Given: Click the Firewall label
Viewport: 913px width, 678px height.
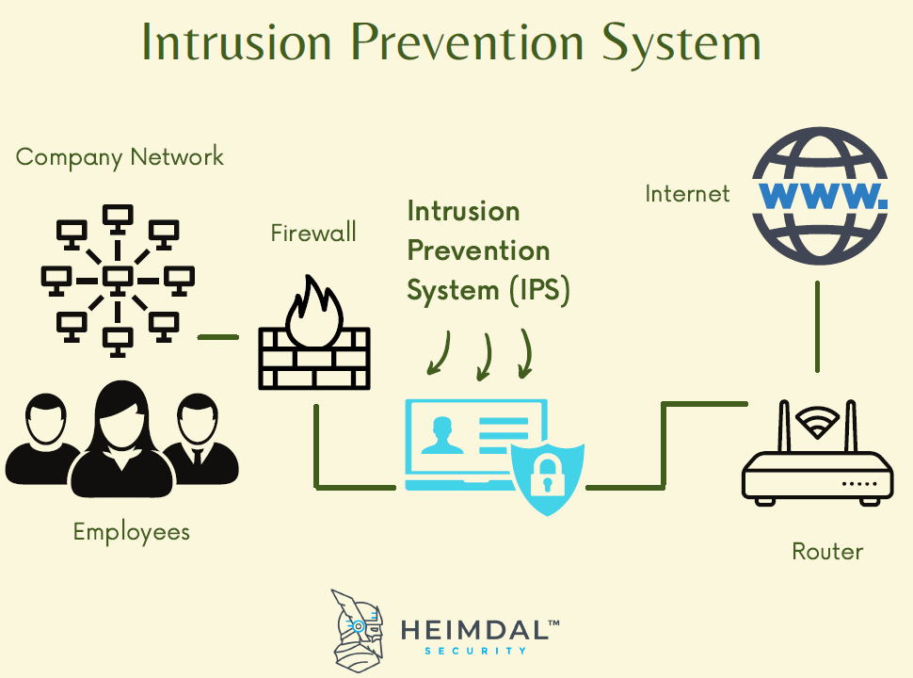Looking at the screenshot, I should click(313, 233).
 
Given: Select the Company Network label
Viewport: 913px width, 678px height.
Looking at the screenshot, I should click(120, 156).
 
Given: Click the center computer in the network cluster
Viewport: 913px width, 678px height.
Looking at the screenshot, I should click(117, 280).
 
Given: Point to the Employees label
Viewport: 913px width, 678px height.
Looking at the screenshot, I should click(132, 531).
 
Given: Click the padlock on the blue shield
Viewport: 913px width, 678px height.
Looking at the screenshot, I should click(546, 476).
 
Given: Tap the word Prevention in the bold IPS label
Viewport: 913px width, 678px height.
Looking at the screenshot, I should click(478, 250).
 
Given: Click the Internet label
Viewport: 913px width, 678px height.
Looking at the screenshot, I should click(687, 194).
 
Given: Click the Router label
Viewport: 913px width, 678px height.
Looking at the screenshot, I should click(827, 551).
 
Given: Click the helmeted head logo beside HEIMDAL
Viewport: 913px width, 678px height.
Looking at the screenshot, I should click(359, 626).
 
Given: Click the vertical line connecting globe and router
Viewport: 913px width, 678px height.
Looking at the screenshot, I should click(817, 325).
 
